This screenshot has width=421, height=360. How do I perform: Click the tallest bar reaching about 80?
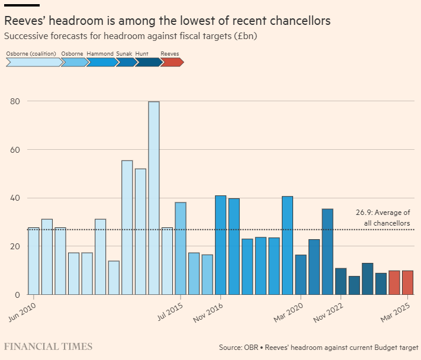coord(153,198)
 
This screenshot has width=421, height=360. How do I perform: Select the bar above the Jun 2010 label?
coord(34,261)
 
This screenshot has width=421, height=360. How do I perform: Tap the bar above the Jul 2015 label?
coord(181,248)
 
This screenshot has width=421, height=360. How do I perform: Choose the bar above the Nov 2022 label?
coord(340,281)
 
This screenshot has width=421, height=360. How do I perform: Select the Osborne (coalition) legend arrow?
coord(33,62)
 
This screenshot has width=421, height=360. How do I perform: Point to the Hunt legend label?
coord(142,53)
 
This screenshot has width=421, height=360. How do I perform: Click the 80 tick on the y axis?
coord(15,101)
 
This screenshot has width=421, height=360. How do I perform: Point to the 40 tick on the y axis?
coord(15,198)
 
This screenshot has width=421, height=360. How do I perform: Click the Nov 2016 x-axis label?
coord(209,311)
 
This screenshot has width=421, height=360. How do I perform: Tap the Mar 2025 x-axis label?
coord(396,311)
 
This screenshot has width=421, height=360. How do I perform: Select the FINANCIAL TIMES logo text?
coord(48,346)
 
